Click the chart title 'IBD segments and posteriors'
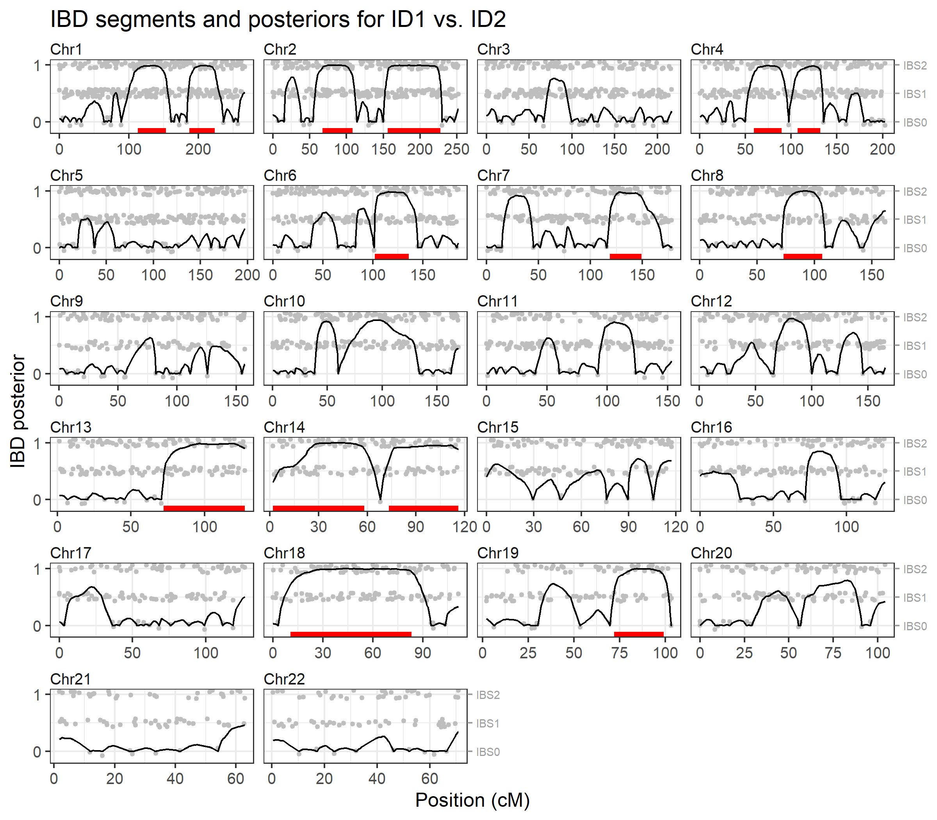coord(278,19)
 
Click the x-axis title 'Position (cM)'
coord(472,800)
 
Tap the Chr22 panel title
coord(284,679)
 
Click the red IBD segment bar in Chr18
coord(351,634)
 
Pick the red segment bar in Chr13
coord(204,508)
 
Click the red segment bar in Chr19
coord(639,634)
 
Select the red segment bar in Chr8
coord(802,257)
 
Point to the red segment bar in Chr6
coord(392,257)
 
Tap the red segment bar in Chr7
coord(625,257)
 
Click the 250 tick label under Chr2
coord(457,149)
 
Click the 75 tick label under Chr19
coord(620,652)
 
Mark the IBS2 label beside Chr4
coord(915,66)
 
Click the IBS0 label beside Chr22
coord(488,752)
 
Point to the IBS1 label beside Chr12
coord(915,346)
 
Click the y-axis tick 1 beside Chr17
coord(37,569)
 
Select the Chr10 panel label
coord(284,301)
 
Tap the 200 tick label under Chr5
coord(248,275)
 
